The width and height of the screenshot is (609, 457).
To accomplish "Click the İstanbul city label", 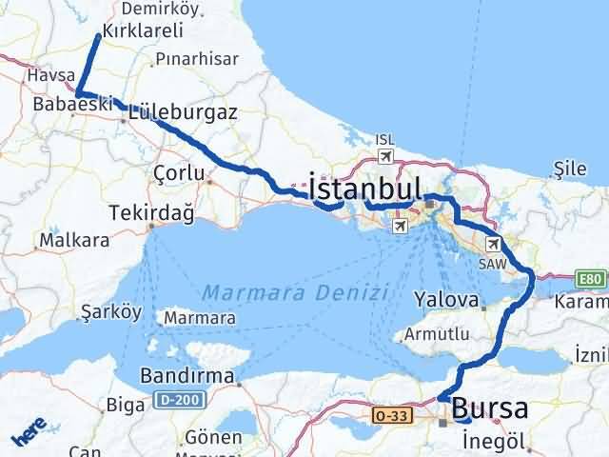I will coord(363,184).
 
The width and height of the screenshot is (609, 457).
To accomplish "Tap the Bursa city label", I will coord(490,409).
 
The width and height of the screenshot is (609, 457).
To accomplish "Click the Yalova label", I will coord(445,300).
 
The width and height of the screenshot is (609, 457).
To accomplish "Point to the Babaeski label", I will coord(71,103).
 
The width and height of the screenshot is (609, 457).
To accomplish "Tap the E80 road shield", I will coord(589,279).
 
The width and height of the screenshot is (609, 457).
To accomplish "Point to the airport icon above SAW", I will coord(492,244).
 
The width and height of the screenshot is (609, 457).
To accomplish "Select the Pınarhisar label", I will coord(196,59).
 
